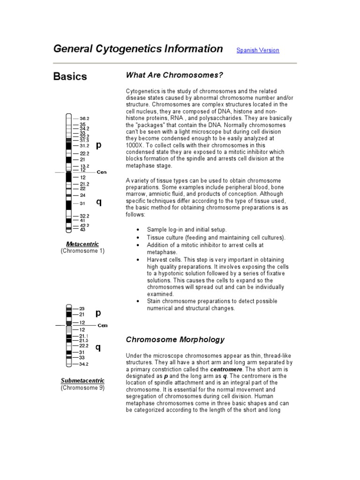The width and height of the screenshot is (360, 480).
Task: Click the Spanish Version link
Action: click(257, 50)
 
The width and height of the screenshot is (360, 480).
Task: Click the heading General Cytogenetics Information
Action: click(138, 49)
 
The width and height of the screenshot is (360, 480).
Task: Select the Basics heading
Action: click(70, 76)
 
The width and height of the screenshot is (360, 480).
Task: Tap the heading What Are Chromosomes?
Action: click(174, 75)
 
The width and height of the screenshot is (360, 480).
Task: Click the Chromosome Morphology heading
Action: click(175, 339)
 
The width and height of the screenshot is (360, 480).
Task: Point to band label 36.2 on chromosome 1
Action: click(84, 119)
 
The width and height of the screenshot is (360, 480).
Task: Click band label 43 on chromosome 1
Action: click(83, 229)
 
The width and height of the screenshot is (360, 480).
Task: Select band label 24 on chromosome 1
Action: click(82, 195)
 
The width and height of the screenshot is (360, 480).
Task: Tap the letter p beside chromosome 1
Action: click(98, 145)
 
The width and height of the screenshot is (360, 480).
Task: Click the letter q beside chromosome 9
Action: click(98, 347)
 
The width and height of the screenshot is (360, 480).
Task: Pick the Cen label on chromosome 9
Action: click(102, 325)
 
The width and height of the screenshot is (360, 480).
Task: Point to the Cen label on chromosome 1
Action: click(101, 172)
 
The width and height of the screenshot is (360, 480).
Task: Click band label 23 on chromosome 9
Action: click(82, 309)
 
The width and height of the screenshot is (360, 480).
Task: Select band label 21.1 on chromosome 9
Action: click(83, 336)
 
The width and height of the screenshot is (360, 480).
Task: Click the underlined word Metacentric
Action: click(82, 244)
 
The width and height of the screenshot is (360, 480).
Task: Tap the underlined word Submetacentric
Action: click(82, 381)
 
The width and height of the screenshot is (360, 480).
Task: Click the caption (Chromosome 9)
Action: click(82, 388)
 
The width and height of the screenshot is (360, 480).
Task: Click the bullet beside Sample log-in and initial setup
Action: click(137, 230)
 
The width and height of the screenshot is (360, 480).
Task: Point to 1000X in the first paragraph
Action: click(136, 145)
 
